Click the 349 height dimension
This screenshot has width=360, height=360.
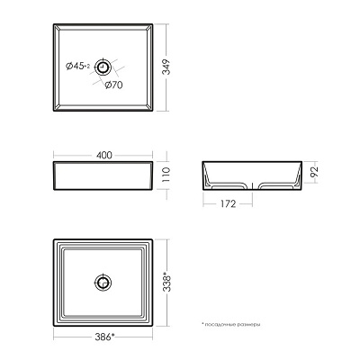[166, 67]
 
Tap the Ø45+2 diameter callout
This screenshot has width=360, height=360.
[77, 66]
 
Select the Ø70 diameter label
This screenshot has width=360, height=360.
[113, 85]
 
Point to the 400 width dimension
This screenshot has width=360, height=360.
[104, 155]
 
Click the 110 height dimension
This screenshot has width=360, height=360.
[166, 175]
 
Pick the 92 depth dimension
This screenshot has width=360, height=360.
[314, 172]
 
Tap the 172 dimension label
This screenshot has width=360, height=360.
[228, 204]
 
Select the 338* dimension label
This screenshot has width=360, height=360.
[166, 282]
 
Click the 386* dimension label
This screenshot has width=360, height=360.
[104, 337]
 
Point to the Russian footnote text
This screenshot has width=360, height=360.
[231, 324]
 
